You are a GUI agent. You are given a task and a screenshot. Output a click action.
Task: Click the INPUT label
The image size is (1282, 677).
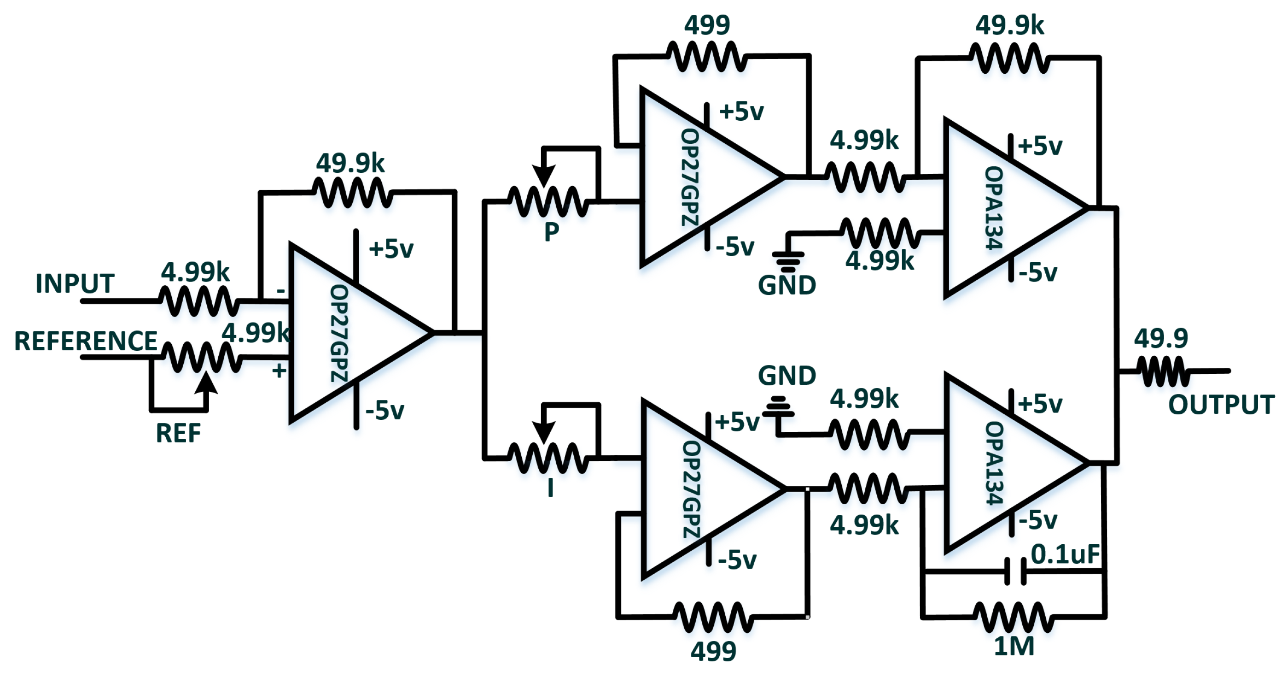tap(75, 283)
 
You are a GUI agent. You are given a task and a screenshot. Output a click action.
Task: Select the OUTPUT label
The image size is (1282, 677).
tap(1221, 405)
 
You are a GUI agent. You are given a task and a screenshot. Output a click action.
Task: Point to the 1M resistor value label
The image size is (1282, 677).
tap(1014, 647)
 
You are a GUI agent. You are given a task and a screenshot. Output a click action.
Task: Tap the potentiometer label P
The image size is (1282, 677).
tap(551, 232)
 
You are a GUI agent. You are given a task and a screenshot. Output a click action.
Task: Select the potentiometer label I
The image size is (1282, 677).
tap(550, 488)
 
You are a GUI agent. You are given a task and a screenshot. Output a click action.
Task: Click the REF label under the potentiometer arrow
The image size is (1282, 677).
tap(178, 433)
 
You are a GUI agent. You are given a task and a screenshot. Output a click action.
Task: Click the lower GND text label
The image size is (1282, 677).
tap(787, 376)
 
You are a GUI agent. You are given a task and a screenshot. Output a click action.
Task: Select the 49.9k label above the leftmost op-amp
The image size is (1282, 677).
tap(350, 164)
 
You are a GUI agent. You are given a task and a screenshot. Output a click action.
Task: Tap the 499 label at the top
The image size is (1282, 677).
tap(707, 25)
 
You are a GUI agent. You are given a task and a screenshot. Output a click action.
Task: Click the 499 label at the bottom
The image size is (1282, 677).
tap(713, 652)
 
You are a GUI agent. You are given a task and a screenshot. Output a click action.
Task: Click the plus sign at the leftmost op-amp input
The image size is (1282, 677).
tap(279, 370)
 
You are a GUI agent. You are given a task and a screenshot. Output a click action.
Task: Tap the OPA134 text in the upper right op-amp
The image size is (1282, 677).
tap(994, 208)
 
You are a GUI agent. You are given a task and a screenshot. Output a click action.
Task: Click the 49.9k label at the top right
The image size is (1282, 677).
tap(1009, 25)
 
